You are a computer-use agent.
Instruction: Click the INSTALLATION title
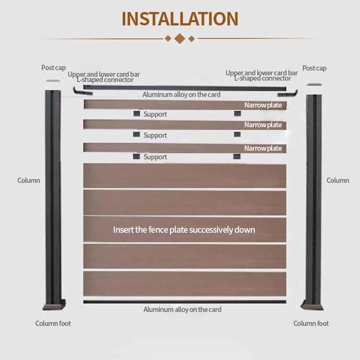click(180, 19)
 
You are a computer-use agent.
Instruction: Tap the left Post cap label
click(53, 68)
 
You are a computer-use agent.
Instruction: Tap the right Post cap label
click(314, 68)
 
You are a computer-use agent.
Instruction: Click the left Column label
click(29, 180)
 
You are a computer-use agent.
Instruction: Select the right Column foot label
click(311, 324)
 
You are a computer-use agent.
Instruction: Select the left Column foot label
click(53, 324)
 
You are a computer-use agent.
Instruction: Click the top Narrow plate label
click(263, 105)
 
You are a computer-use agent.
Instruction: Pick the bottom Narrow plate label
click(263, 148)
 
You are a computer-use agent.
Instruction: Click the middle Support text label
click(155, 135)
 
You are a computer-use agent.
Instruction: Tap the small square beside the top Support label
click(137, 114)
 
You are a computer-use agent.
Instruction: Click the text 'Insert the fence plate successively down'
click(184, 230)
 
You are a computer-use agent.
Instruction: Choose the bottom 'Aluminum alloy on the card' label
click(182, 310)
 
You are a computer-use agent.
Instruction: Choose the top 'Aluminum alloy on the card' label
click(181, 95)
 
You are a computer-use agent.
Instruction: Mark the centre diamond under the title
click(180, 38)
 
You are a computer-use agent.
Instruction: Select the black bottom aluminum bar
click(184, 301)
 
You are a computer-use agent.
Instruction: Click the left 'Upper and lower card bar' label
click(104, 74)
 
